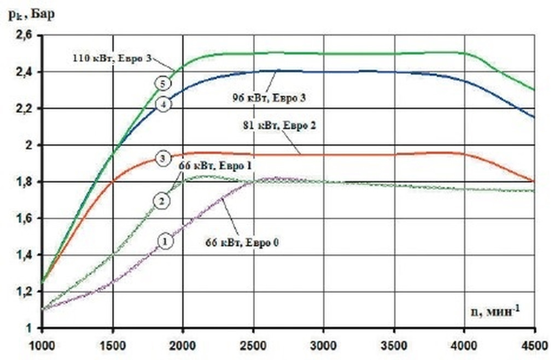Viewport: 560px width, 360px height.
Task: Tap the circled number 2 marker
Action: click(162, 201)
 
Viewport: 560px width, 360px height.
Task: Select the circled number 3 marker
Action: click(162, 159)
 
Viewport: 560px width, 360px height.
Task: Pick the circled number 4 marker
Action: click(162, 104)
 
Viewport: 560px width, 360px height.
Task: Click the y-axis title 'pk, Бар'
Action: click(32, 14)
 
